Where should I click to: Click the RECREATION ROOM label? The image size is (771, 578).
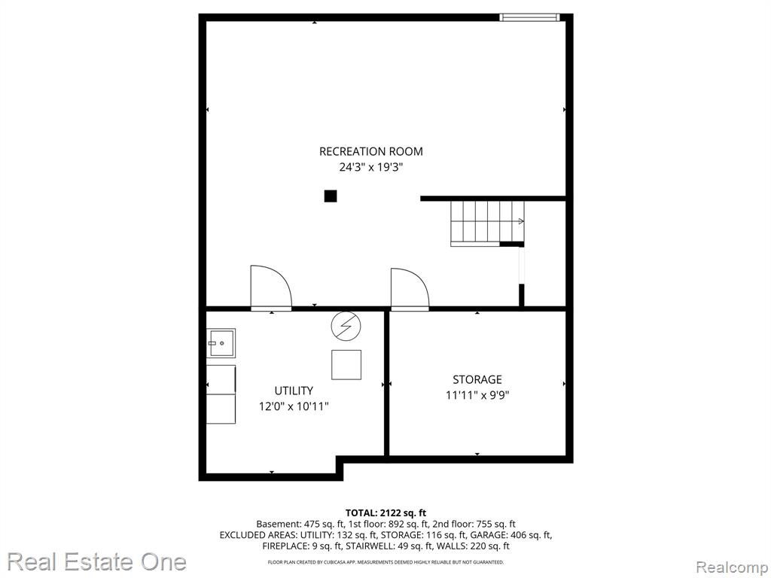(x=370, y=151)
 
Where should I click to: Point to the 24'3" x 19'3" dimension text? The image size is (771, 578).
(x=370, y=167)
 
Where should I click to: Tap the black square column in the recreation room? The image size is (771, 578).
(x=331, y=196)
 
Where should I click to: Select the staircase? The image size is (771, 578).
(x=487, y=223)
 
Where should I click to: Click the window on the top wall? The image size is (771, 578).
(x=529, y=17)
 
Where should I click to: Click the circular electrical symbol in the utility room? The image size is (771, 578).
(x=346, y=326)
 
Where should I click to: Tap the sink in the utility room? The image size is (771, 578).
(x=221, y=342)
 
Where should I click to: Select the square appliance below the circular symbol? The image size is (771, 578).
(x=346, y=365)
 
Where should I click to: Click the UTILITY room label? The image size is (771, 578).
(x=294, y=391)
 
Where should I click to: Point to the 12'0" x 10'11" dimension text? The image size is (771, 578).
(x=294, y=406)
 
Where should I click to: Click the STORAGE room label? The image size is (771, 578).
(x=477, y=379)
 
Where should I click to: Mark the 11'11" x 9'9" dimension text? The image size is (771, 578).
(x=477, y=395)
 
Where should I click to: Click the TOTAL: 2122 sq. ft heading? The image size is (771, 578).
(x=385, y=513)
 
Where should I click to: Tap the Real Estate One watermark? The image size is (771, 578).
(x=97, y=561)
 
